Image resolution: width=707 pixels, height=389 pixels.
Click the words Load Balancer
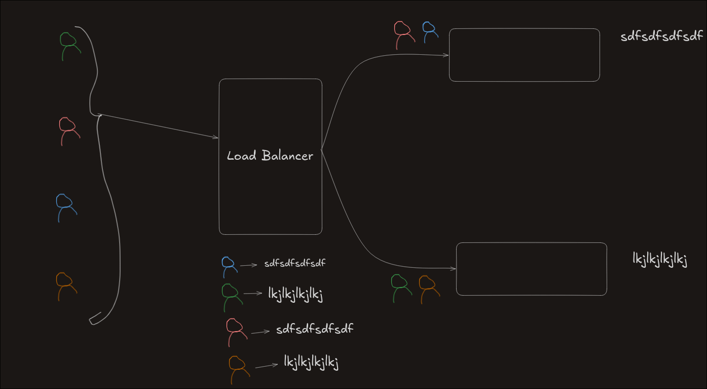pos(270,156)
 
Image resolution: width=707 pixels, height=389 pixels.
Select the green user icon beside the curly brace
pos(69,45)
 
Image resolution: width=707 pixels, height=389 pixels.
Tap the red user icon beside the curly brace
pos(68,130)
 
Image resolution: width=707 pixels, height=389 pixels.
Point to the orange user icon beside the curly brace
pos(65,286)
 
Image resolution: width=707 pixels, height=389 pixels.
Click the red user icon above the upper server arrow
pos(403,34)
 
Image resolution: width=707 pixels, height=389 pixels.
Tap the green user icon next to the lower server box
pos(400,288)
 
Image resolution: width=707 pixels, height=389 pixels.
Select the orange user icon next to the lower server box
pos(428,289)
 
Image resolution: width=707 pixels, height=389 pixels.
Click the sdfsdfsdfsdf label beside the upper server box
pos(662,37)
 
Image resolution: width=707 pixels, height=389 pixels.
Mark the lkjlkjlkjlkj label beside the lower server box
pos(660,260)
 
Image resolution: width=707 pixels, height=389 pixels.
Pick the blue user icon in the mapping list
pos(229,266)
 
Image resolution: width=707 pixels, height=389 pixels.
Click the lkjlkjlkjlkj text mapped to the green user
pos(295,295)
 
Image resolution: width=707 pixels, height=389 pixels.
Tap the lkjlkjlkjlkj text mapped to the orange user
pos(311,362)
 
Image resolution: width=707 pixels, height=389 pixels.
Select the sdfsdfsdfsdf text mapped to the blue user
pos(295,264)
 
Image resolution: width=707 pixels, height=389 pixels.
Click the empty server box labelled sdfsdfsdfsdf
pos(524,55)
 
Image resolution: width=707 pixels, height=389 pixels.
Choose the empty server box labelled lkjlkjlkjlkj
pos(531,269)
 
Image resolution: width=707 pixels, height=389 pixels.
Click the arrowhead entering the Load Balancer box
pos(215,137)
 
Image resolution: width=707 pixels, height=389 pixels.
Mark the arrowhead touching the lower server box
pos(454,268)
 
